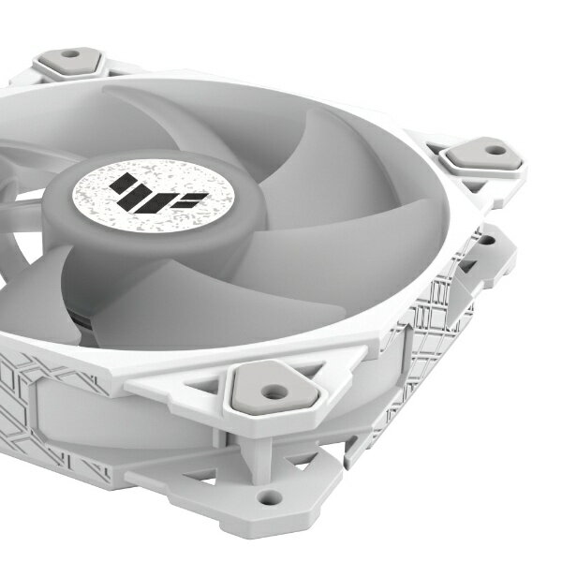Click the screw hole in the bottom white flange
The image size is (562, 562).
pos(271,496)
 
